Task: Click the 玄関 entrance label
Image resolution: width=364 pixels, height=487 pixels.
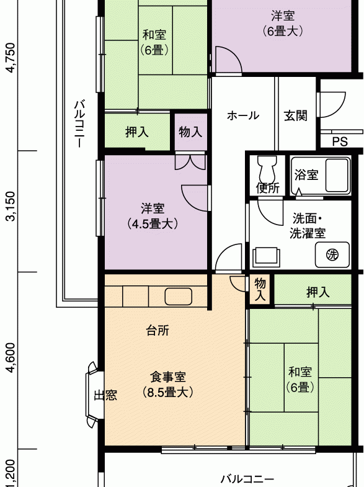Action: (x=295, y=115)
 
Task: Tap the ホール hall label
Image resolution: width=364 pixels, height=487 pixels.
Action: (x=243, y=115)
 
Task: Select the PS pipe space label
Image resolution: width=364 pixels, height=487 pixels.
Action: (x=340, y=141)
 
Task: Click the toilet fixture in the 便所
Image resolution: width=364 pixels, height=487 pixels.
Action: (x=267, y=169)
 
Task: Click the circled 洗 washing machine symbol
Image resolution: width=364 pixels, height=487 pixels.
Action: (x=332, y=255)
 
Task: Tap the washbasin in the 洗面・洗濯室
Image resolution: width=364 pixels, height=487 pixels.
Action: (x=266, y=257)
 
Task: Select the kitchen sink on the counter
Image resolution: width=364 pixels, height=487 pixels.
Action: (x=178, y=297)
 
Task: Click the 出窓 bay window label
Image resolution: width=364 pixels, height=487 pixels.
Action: (x=105, y=395)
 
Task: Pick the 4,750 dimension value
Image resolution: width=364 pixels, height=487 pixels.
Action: (x=11, y=58)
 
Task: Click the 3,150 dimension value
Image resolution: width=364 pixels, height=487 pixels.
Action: (x=11, y=206)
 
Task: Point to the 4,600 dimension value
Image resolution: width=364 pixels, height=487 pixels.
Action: (x=11, y=357)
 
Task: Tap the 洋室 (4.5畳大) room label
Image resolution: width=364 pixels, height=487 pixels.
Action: (x=153, y=216)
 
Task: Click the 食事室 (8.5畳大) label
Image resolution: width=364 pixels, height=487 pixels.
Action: (x=168, y=385)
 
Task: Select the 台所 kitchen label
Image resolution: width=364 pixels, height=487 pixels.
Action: (x=158, y=331)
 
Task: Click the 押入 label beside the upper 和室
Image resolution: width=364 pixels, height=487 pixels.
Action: (x=137, y=132)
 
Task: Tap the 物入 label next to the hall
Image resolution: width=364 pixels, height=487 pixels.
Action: (x=190, y=132)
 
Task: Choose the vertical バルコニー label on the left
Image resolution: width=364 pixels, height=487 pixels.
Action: (x=79, y=123)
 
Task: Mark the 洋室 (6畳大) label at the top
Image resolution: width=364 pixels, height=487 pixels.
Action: (x=283, y=24)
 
